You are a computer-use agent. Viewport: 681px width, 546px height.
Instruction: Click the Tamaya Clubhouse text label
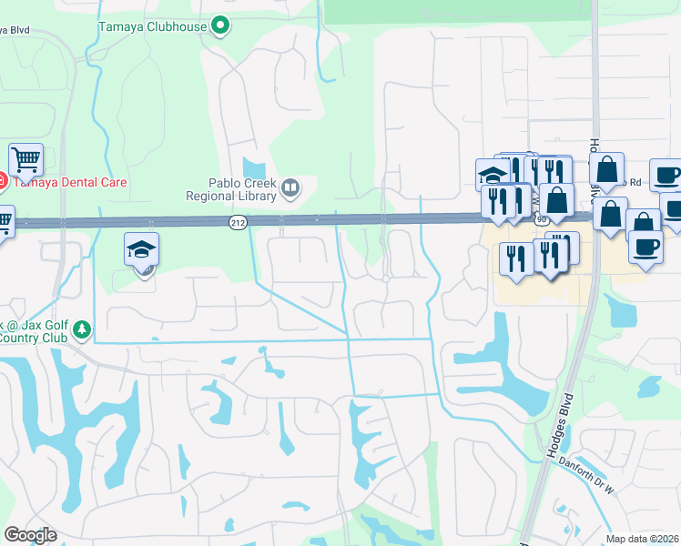[152, 25]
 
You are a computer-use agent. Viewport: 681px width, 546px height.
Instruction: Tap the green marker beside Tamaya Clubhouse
[219, 25]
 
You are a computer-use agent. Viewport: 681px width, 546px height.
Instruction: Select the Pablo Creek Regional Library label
[230, 188]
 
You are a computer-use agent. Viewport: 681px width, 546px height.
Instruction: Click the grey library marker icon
[290, 188]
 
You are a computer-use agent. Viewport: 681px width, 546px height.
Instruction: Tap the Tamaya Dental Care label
[68, 182]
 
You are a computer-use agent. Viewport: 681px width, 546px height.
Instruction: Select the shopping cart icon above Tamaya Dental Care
[26, 161]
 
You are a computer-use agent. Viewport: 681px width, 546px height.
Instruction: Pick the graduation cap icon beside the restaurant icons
[492, 174]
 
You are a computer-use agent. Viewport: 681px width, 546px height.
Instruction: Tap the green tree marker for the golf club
[82, 328]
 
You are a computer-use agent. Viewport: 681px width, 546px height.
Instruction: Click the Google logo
[30, 535]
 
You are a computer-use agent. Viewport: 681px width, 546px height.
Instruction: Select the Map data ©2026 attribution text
[643, 539]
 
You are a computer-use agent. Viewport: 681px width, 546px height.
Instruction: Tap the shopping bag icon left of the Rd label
[606, 169]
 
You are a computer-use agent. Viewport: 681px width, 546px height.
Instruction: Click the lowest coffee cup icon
[645, 247]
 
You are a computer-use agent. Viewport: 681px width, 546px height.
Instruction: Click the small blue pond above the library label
[254, 168]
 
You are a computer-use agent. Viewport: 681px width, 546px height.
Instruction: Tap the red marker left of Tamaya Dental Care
[2, 182]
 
